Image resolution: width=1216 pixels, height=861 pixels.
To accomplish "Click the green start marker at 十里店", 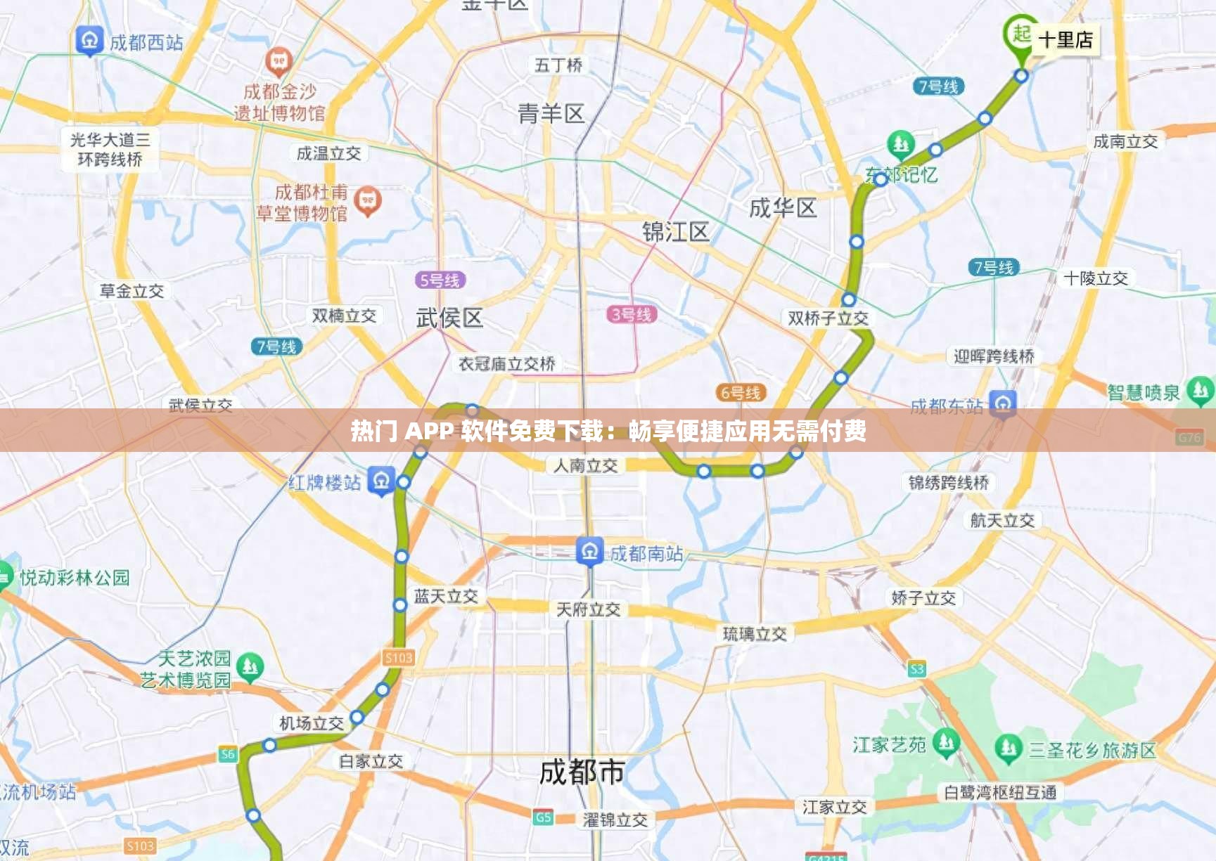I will tap(1020, 34).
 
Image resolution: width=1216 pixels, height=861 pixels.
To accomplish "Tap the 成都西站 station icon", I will tap(89, 41).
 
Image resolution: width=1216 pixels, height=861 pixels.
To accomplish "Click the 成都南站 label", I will tap(646, 554).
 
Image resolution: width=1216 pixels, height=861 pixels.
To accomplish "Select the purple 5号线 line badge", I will tap(440, 280).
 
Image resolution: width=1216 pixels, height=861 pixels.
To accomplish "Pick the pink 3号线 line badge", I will tap(632, 314).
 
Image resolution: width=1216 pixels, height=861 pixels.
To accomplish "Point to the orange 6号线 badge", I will tap(740, 393).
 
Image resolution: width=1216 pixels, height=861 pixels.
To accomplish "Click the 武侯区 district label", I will tap(449, 318).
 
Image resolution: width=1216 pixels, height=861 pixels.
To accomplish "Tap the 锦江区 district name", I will tap(675, 232).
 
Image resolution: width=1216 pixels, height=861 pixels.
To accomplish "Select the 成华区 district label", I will tap(782, 208).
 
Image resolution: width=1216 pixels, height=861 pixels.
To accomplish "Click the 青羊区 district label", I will tap(551, 114).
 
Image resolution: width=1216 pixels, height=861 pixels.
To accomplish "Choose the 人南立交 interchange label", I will tap(585, 465).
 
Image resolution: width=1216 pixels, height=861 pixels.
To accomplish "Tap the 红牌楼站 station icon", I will tap(381, 481).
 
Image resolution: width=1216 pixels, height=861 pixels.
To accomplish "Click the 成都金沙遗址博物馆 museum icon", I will tap(279, 62).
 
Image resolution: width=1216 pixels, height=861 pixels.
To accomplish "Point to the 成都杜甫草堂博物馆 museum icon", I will tap(367, 202).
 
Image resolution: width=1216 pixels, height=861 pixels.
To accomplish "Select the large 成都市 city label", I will tap(582, 772).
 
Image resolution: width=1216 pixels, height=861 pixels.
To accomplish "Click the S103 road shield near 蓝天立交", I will tap(398, 658).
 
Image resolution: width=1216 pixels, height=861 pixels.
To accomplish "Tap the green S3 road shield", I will tap(916, 669).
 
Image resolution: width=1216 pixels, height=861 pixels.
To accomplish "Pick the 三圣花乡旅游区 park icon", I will tap(1009, 749).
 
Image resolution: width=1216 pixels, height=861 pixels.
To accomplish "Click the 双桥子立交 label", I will tap(828, 318).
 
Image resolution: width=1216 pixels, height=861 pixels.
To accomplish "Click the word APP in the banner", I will tap(428, 430).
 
